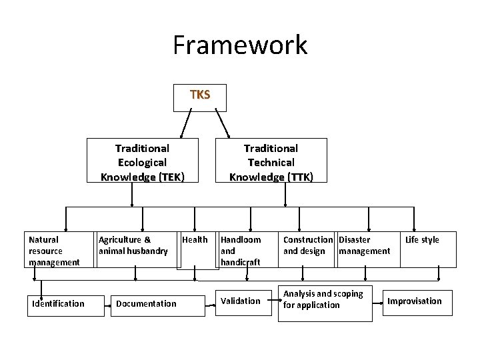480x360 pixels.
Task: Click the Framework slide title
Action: [x=240, y=45]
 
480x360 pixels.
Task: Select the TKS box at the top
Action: [x=199, y=95]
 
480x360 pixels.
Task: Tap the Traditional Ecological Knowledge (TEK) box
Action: [x=142, y=162]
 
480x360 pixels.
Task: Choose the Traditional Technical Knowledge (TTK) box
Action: [x=271, y=162]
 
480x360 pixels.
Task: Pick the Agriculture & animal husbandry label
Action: [x=133, y=245]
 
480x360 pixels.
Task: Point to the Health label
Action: [x=195, y=240]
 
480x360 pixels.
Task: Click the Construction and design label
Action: [x=307, y=245]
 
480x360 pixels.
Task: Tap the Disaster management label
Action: [x=364, y=245]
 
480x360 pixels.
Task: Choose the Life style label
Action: [x=422, y=240]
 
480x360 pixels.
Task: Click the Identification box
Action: [x=59, y=304]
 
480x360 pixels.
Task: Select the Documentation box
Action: [x=147, y=304]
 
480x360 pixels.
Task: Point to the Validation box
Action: [x=240, y=301]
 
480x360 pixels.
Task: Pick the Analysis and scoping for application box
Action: [x=324, y=300]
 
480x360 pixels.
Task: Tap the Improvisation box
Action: [x=415, y=301]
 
